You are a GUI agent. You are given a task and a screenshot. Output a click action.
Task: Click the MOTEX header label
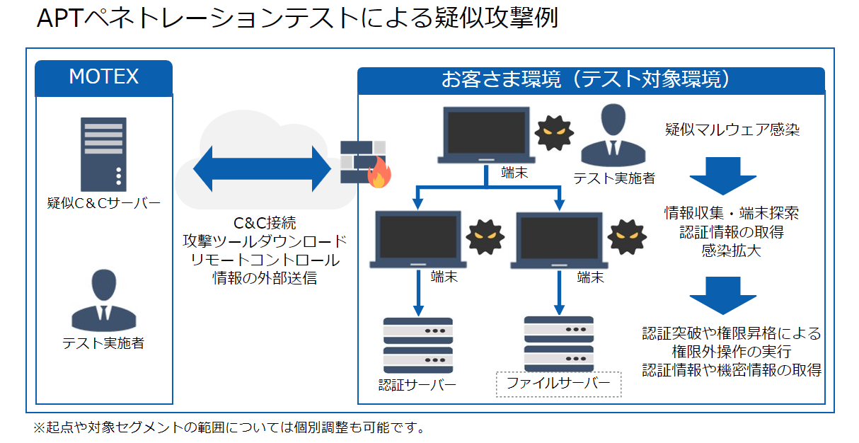tap(103, 76)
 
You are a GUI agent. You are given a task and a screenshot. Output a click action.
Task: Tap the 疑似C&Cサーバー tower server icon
tap(103, 154)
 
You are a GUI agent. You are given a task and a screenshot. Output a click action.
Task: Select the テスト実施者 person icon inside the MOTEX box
tap(103, 300)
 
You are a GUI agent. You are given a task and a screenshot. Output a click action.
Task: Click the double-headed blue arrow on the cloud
tap(262, 168)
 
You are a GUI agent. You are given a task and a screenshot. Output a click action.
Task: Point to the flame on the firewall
tap(379, 173)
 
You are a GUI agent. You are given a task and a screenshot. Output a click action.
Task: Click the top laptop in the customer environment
tap(486, 135)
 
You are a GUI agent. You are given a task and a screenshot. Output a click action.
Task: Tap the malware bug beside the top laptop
tap(554, 133)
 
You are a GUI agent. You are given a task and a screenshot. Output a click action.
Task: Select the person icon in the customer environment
tap(613, 135)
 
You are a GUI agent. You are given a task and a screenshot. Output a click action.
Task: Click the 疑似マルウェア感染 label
tap(732, 130)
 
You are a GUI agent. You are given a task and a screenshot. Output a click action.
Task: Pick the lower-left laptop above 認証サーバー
tap(418, 239)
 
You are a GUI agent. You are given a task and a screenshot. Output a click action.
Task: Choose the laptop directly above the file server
tap(559, 241)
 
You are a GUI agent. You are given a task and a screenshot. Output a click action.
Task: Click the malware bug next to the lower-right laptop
tap(627, 237)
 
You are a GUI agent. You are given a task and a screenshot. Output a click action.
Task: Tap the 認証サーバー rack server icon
tap(418, 345)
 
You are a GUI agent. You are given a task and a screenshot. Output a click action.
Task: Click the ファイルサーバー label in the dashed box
tap(558, 383)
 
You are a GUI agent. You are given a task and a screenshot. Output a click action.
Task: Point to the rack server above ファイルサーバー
tap(559, 344)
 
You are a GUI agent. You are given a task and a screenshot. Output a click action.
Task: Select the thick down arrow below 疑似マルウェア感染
tap(723, 176)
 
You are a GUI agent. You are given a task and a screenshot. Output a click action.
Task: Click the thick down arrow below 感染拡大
tap(723, 296)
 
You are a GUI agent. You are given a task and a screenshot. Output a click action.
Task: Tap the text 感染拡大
tap(732, 251)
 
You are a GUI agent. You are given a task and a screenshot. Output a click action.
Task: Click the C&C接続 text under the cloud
tap(265, 223)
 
